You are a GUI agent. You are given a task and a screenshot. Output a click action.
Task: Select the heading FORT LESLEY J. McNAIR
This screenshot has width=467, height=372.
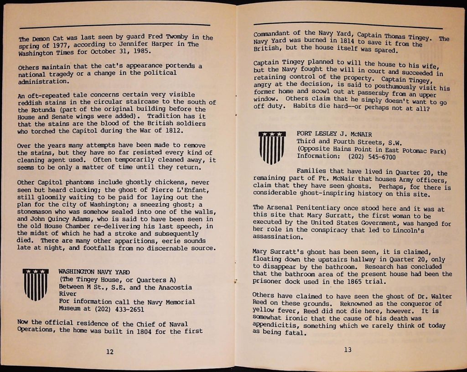[334, 134]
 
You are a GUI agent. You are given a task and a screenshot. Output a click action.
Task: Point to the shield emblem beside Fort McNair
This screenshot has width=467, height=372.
[272, 147]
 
